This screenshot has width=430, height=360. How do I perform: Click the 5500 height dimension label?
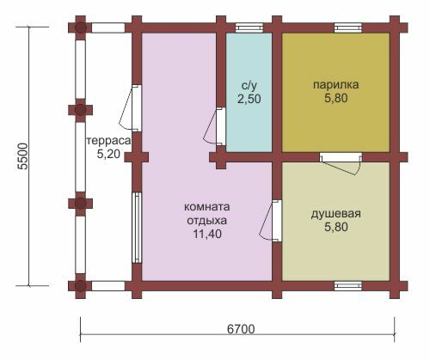23,156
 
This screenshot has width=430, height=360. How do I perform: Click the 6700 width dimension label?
241,329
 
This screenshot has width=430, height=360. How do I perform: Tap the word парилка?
335,85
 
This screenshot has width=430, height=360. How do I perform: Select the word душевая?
335,214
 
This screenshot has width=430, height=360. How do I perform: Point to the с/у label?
249,86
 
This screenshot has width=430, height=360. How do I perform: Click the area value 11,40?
207,234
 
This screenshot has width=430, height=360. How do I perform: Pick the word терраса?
108,141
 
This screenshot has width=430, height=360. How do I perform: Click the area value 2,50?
249,99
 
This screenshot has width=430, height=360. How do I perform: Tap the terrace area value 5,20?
108,154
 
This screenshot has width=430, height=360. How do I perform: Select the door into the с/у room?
216,126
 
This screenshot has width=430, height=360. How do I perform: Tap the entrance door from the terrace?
131,108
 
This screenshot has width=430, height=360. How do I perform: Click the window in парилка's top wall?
348,27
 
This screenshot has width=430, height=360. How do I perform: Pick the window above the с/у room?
249,27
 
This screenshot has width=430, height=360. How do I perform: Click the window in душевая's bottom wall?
348,286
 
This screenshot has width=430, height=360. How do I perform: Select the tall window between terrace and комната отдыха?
137,228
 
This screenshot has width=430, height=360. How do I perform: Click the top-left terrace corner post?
81,27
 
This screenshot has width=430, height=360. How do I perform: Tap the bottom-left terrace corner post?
81,286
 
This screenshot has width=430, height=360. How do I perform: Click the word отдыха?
206,221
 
